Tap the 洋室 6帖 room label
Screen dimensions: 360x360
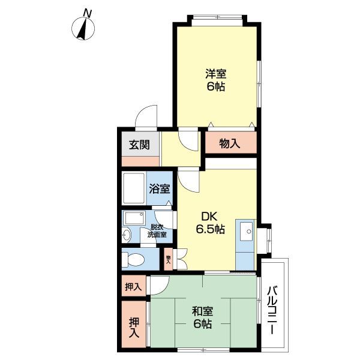tap(216, 80)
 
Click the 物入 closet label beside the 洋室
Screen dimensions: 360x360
tap(230, 143)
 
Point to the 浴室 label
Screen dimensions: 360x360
tap(160, 188)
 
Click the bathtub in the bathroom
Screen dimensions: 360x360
tap(133, 188)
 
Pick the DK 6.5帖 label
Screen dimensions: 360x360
tap(209, 222)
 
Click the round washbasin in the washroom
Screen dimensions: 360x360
tap(127, 235)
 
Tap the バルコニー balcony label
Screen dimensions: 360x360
tap(272, 312)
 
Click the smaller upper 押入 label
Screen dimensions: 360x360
tap(133, 286)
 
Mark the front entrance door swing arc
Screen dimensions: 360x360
tap(145, 117)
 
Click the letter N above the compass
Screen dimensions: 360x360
tap(88, 13)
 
